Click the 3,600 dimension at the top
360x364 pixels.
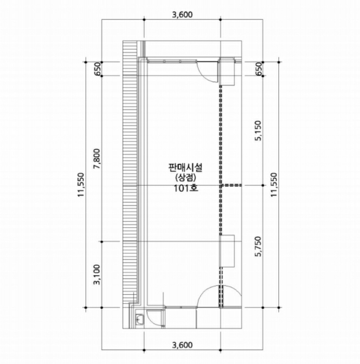(182, 15)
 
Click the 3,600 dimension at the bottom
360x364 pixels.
(182, 345)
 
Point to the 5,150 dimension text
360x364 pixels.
(258, 131)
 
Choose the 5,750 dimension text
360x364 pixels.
(258, 246)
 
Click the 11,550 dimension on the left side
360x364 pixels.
(81, 185)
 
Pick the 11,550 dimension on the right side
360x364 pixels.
(274, 185)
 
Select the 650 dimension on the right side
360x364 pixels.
(258, 69)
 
